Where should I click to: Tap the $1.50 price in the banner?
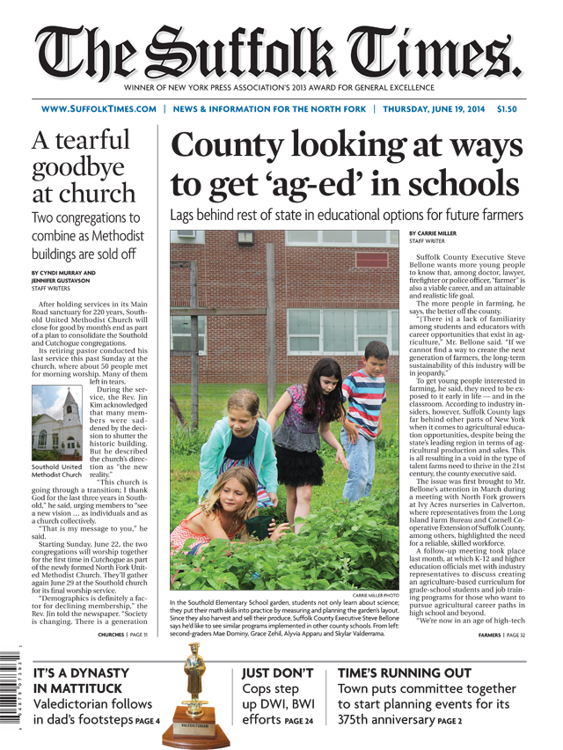[x=508, y=110]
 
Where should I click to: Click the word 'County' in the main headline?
[x=230, y=146]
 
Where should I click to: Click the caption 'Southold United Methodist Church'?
[x=58, y=470]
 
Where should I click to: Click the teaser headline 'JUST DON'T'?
[x=278, y=673]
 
